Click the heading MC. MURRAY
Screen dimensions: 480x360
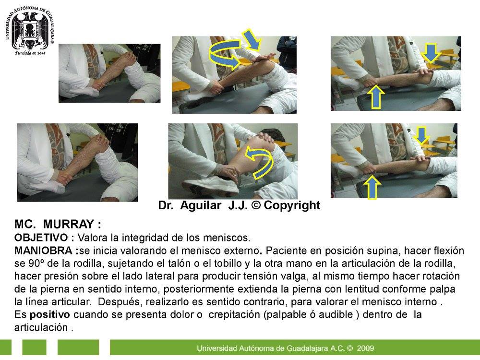click(58, 224)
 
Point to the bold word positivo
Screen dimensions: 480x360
click(49, 315)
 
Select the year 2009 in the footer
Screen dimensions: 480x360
click(365, 348)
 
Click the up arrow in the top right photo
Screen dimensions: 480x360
click(376, 97)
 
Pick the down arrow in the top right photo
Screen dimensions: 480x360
click(431, 53)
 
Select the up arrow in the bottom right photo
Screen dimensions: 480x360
click(372, 187)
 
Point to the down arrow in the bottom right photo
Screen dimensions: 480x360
click(421, 135)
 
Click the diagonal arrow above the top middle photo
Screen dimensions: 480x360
click(252, 39)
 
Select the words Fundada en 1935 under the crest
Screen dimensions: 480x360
click(30, 53)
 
